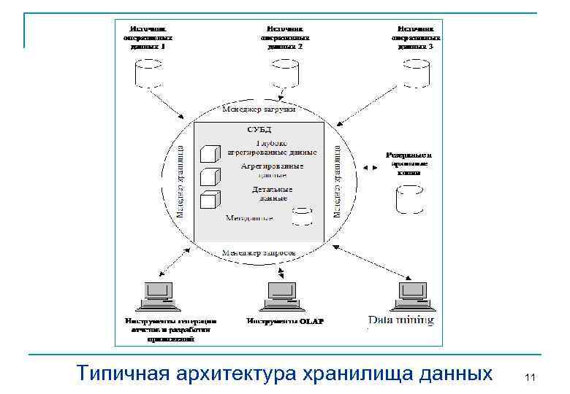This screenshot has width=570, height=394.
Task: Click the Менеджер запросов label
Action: click(259, 252)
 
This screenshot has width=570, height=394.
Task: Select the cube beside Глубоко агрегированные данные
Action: click(210, 153)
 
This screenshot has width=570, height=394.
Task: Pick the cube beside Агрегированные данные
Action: click(210, 177)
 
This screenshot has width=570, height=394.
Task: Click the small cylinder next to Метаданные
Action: click(302, 216)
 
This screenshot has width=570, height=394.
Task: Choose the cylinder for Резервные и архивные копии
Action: click(409, 199)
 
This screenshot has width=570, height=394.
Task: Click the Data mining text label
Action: click(401, 320)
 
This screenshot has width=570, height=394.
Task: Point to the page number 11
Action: click(531, 377)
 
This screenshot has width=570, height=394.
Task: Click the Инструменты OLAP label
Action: click(285, 321)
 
